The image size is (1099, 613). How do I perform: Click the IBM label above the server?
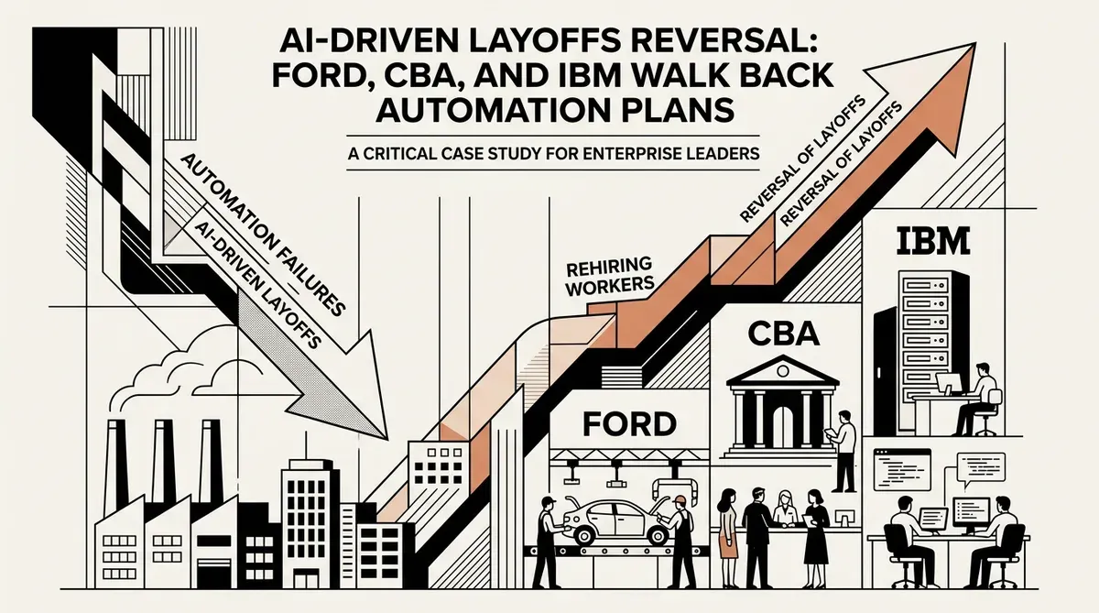point(933,240)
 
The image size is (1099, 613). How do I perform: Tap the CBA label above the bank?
point(784,334)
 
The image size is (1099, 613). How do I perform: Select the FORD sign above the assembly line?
point(629,424)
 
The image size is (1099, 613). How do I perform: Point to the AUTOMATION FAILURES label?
point(264,234)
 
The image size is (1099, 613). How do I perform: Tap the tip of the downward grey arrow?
point(387,439)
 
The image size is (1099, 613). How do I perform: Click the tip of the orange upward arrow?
point(974,43)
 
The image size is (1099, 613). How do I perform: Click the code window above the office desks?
point(902,469)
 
